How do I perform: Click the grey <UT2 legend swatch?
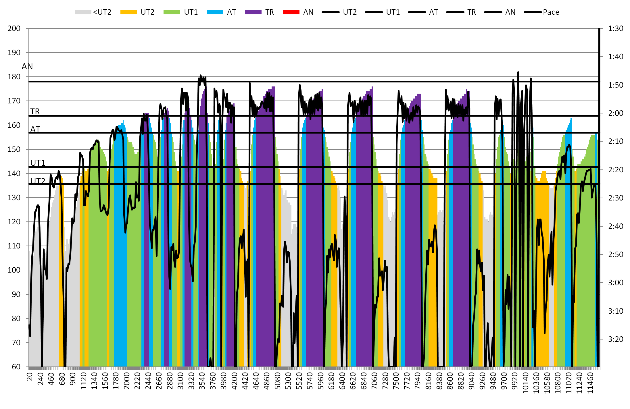tap(83, 12)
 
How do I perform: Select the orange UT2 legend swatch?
tap(128, 12)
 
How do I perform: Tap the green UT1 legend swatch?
tap(172, 12)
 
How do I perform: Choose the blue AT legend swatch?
tap(215, 12)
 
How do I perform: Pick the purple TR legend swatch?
tap(253, 12)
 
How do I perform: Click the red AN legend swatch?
tap(291, 12)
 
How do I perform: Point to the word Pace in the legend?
tap(551, 12)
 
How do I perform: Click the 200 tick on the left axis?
tap(14, 28)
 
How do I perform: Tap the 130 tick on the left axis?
tap(14, 198)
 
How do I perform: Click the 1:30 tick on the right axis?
tap(616, 28)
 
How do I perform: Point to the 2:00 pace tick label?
tap(616, 113)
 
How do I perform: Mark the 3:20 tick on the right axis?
tap(616, 339)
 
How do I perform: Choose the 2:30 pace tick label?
tap(616, 198)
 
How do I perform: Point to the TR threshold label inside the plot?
tap(35, 111)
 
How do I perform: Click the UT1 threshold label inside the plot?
tap(38, 163)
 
